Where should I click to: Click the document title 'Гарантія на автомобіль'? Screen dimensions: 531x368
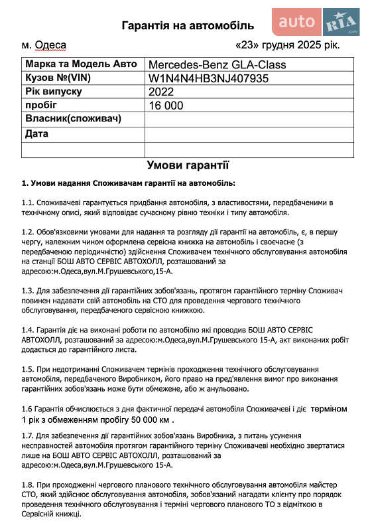click(x=188, y=26)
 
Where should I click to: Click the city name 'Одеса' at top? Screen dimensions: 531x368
click(x=50, y=46)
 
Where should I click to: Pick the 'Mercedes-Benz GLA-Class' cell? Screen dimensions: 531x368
click(x=217, y=65)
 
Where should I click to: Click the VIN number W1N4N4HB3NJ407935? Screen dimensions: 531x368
click(x=208, y=78)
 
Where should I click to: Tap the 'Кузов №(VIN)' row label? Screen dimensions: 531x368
click(x=61, y=78)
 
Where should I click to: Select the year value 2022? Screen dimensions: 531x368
click(x=161, y=92)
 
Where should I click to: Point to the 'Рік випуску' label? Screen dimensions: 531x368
click(x=53, y=91)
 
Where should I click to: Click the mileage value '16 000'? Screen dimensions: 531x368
click(x=166, y=106)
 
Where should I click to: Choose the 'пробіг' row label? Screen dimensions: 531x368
click(x=41, y=105)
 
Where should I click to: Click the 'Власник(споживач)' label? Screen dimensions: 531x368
click(x=73, y=119)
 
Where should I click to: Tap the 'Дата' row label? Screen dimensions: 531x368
click(x=36, y=133)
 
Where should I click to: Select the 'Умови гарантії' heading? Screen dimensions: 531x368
click(x=188, y=165)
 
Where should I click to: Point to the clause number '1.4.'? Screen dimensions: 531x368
click(x=27, y=330)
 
